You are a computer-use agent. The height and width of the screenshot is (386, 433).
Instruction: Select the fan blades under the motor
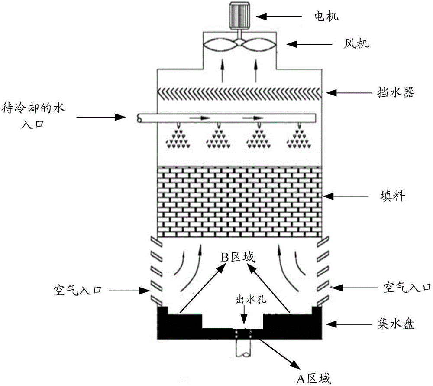[x=239, y=45]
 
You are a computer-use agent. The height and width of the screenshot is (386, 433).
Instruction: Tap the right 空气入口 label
[x=407, y=287]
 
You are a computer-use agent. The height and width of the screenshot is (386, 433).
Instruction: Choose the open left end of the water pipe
[x=139, y=118]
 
